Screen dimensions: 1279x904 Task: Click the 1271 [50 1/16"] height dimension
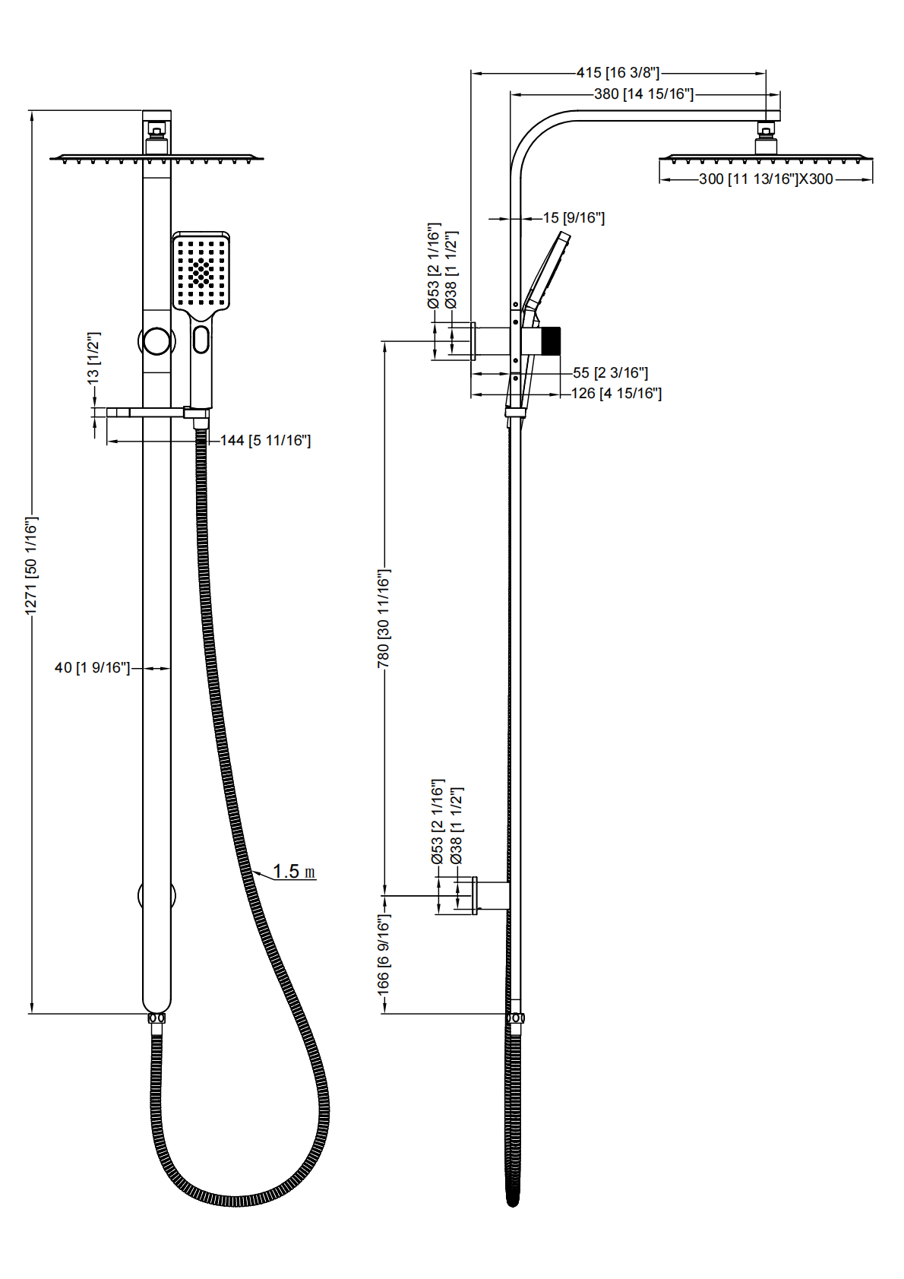(x=31, y=565)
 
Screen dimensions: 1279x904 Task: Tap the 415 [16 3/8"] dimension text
(x=618, y=73)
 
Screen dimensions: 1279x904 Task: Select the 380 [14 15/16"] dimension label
(x=643, y=94)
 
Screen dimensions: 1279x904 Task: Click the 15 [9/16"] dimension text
(x=574, y=218)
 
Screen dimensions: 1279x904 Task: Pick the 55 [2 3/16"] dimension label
(x=610, y=373)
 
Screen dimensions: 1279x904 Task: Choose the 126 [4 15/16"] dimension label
(x=616, y=394)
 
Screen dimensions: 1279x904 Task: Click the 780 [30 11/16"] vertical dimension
(x=384, y=619)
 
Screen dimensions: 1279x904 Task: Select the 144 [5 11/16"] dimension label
(x=265, y=441)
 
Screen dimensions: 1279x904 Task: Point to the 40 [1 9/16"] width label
(x=92, y=668)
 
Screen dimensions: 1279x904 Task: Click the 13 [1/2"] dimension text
(x=94, y=357)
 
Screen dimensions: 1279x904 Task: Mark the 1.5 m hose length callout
(x=293, y=872)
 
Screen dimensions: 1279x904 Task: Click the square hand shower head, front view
(x=201, y=271)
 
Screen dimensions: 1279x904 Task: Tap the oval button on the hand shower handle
(x=201, y=339)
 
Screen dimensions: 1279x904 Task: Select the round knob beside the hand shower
(x=156, y=340)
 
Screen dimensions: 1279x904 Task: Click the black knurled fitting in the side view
(x=549, y=341)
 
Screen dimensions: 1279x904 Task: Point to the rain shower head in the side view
(x=766, y=157)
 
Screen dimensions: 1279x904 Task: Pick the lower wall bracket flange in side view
(x=476, y=895)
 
